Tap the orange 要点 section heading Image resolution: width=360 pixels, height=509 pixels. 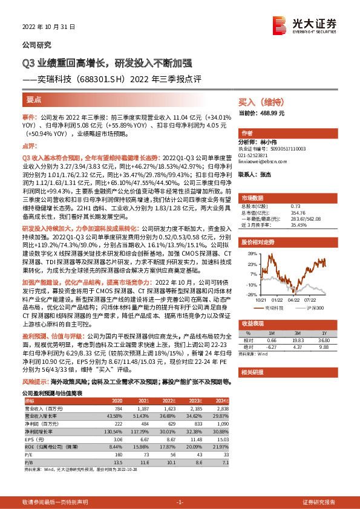[34, 99]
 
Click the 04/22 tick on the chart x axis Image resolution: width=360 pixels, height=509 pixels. [294, 299]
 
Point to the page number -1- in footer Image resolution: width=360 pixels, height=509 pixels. [180, 502]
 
